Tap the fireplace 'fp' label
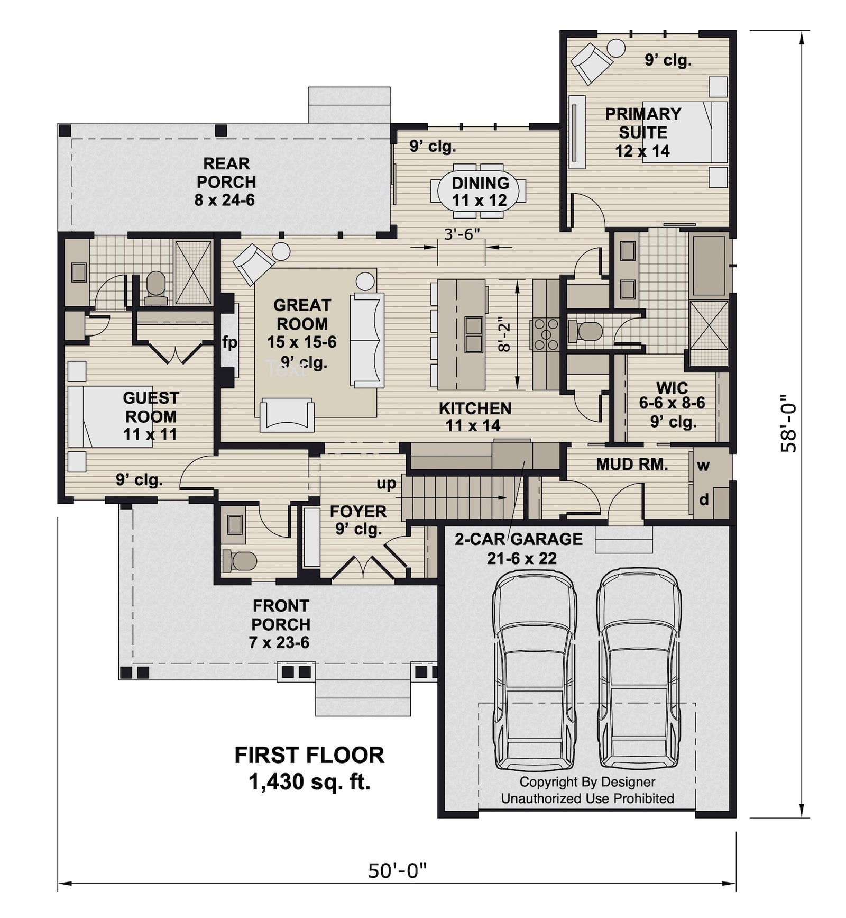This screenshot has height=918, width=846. tap(229, 342)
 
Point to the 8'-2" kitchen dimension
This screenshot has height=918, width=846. tap(506, 337)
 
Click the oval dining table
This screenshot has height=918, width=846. tap(480, 192)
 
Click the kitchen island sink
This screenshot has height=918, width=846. tap(473, 334)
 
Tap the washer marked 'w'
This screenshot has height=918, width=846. tap(703, 466)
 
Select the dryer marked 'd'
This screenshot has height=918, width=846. tap(704, 499)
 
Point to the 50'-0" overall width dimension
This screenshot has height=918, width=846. tap(397, 870)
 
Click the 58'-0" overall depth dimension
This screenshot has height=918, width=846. tap(788, 423)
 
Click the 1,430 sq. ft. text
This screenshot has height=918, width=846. tap(309, 782)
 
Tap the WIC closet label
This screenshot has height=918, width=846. tap(672, 387)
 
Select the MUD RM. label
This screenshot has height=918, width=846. tap(632, 464)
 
